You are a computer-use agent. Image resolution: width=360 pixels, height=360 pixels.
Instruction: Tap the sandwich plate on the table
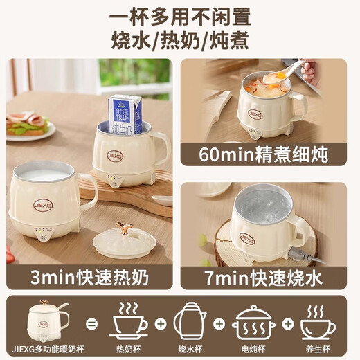pyautogui.click(x=29, y=127)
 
